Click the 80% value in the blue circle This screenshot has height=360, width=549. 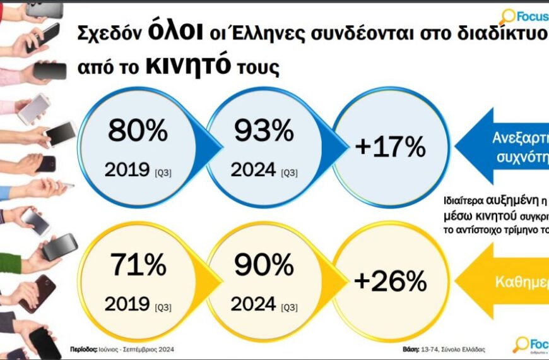pyautogui.click(x=138, y=131)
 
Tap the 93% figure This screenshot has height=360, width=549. pyautogui.click(x=264, y=131)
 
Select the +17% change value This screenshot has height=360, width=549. pyautogui.click(x=391, y=147)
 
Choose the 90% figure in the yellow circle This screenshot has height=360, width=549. pyautogui.click(x=264, y=264)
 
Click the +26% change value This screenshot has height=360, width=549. pyautogui.click(x=391, y=282)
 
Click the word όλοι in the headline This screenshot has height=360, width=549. pyautogui.click(x=166, y=32)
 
